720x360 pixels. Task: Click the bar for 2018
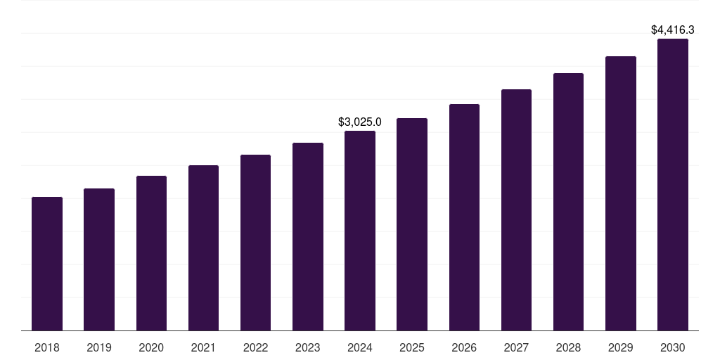(x=47, y=264)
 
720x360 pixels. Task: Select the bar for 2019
(x=99, y=259)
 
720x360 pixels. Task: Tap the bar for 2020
(x=151, y=253)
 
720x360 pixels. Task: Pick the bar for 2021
(x=203, y=247)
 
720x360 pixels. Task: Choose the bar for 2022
(x=255, y=243)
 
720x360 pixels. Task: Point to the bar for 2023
(x=308, y=236)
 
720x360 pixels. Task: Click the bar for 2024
(x=360, y=231)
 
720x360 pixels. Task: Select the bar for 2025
(x=412, y=224)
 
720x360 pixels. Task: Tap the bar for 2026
(x=464, y=217)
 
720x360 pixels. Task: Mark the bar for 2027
(x=516, y=210)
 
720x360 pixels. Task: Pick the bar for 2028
(x=568, y=202)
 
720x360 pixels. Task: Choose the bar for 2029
(x=621, y=193)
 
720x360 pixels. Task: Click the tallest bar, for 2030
(x=673, y=184)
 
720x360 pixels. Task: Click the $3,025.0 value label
(x=360, y=122)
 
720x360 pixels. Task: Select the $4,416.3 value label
(x=673, y=30)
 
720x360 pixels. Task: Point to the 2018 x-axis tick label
(x=47, y=347)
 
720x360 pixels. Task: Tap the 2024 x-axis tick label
(x=360, y=347)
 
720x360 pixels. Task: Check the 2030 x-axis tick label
(x=673, y=347)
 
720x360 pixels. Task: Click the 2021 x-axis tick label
(x=203, y=347)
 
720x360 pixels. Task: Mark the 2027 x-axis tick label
(x=516, y=347)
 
